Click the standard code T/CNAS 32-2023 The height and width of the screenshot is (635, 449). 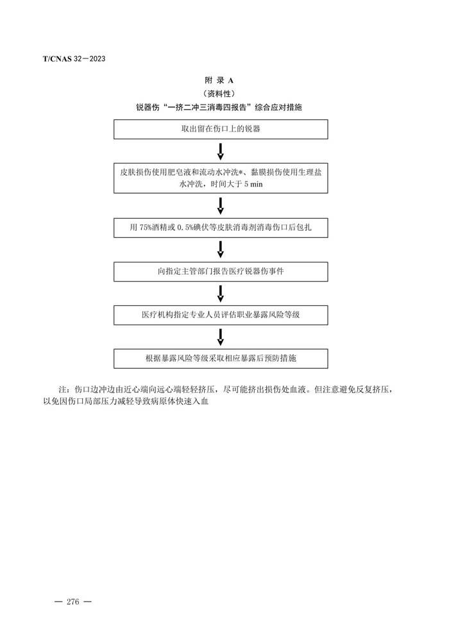[74, 59]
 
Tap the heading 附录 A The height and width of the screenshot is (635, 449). [219, 80]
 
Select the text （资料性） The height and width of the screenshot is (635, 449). [219, 94]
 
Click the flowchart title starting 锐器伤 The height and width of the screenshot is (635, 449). [219, 107]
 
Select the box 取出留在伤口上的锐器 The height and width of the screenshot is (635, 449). [221, 129]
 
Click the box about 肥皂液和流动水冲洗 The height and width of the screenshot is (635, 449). [221, 178]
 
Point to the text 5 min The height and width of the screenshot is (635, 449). [253, 184]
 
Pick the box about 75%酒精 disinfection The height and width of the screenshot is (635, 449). [221, 228]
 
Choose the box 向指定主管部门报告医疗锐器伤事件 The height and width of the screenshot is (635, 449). [221, 271]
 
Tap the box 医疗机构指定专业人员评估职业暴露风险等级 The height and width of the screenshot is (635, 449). [221, 315]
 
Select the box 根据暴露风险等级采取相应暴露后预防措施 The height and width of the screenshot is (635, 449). [221, 359]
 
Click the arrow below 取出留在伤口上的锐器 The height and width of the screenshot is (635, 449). [221, 151]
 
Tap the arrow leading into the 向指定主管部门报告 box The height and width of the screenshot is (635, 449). [221, 250]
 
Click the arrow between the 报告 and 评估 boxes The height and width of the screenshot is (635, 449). [221, 293]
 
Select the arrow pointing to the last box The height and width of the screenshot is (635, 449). [221, 337]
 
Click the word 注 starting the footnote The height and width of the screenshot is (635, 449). [63, 390]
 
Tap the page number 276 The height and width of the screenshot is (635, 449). [73, 602]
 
